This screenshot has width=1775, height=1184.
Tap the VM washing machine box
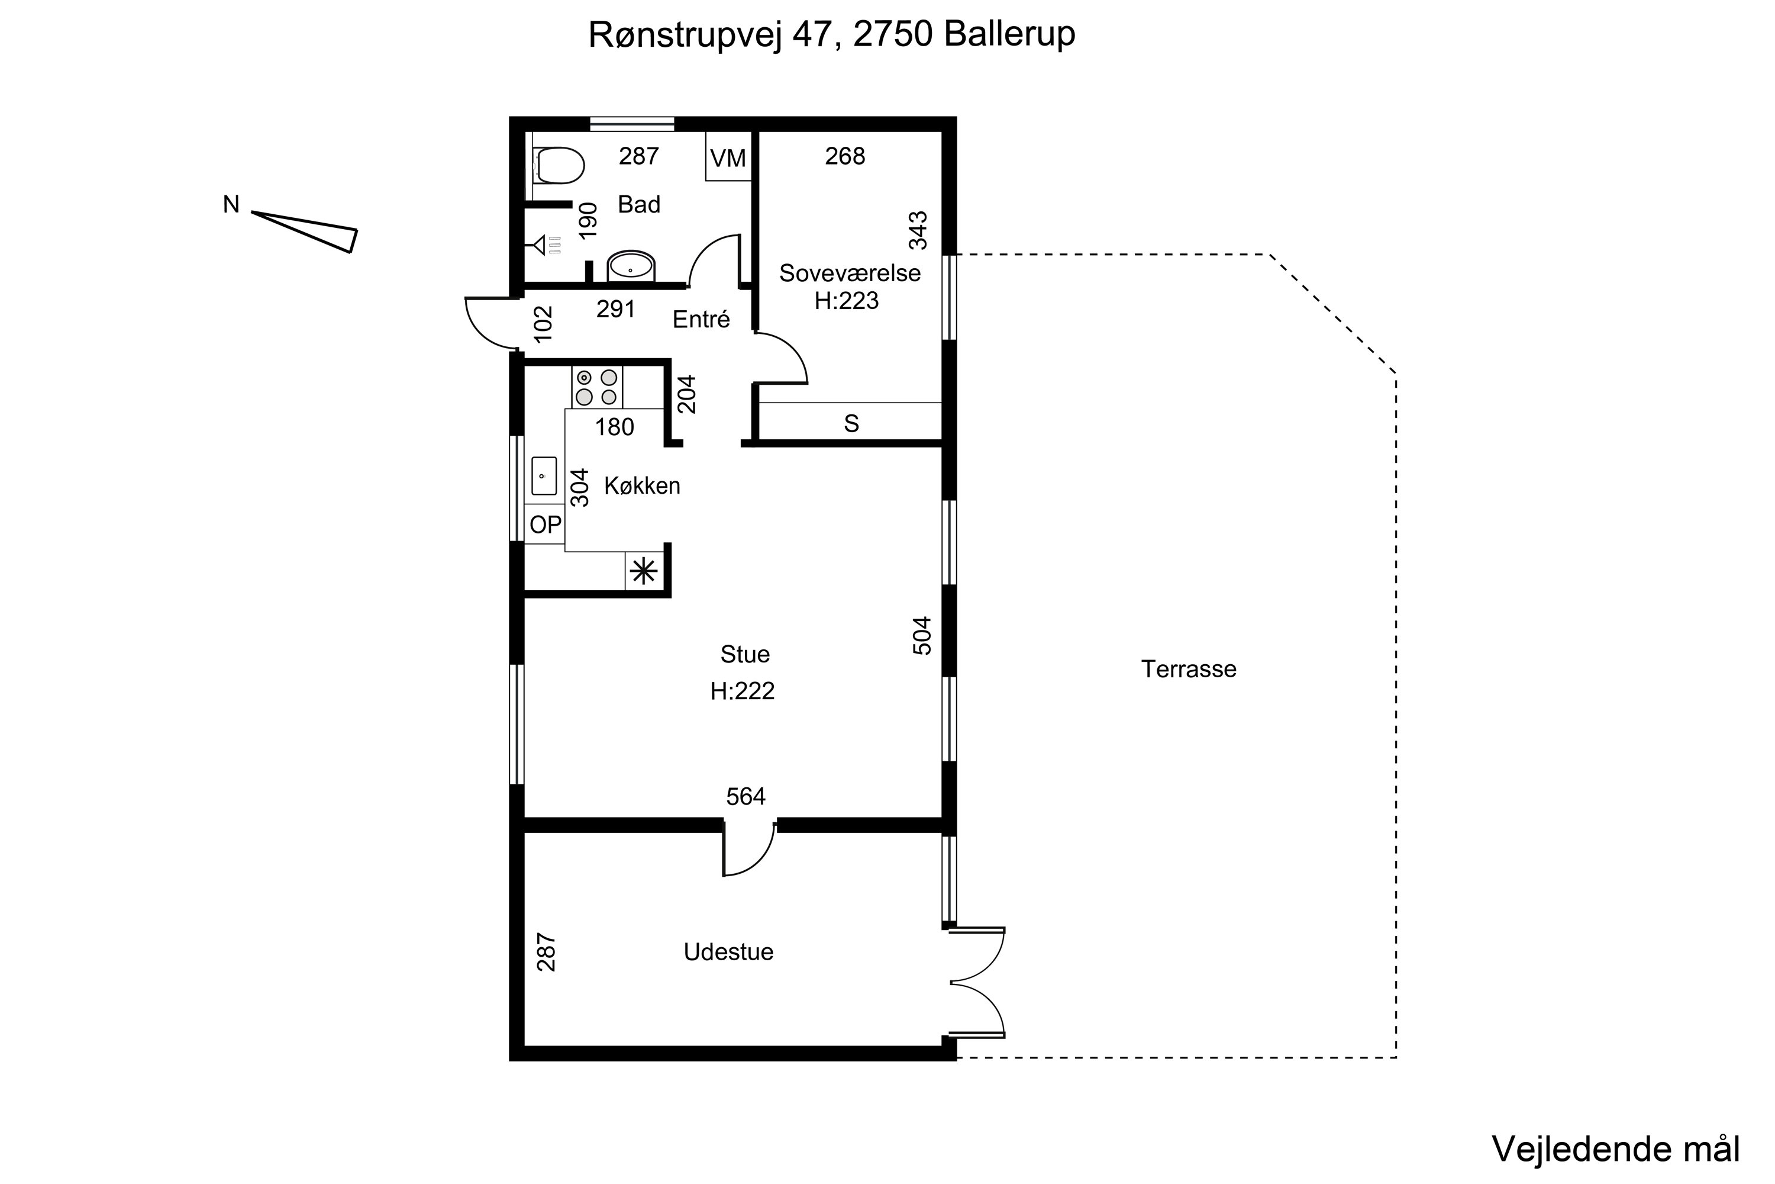pos(728,158)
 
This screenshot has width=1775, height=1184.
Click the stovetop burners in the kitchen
pos(596,387)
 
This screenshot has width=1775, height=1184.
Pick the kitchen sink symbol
pos(543,476)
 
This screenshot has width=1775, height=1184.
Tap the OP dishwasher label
pos(545,524)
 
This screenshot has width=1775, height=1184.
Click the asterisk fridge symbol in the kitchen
pos(644,571)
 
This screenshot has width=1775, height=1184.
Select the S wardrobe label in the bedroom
pos(851,424)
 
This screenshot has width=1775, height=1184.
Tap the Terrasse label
pos(1189,669)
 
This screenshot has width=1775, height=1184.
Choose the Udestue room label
pos(728,952)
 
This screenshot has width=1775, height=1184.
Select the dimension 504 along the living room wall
pos(922,636)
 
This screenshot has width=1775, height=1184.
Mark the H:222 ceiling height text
pos(743,691)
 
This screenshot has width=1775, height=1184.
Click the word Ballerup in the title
pos(1009,35)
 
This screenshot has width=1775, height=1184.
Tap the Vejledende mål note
pos(1616,1149)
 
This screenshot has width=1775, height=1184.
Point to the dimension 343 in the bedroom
pos(918,230)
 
